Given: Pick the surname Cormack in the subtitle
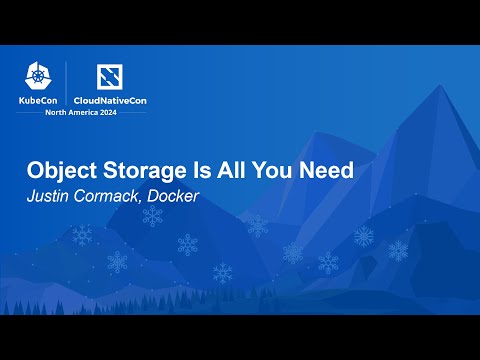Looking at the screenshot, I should click(111, 194).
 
